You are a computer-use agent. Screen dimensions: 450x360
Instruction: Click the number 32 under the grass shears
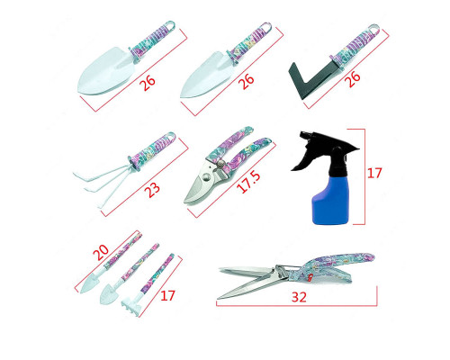(299, 297)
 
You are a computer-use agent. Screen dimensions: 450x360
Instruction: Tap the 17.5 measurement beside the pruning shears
(248, 182)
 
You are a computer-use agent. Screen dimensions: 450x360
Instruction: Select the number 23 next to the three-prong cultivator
(152, 190)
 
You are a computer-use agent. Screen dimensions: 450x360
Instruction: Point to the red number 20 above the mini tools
(101, 252)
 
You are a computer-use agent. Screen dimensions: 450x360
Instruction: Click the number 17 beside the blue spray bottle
(374, 173)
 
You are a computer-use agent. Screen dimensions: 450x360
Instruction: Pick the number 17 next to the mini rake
(167, 295)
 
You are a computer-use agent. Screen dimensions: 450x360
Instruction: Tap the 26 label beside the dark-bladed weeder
(353, 79)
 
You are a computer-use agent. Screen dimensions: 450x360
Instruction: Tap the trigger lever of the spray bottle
(301, 159)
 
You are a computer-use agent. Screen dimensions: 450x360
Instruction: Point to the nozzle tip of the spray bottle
(303, 133)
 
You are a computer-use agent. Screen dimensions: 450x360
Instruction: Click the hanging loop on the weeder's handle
(373, 31)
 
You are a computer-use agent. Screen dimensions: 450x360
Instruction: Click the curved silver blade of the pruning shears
(196, 188)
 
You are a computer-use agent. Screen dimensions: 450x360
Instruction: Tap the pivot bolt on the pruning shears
(221, 164)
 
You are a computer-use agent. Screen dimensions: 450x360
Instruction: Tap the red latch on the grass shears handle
(310, 276)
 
